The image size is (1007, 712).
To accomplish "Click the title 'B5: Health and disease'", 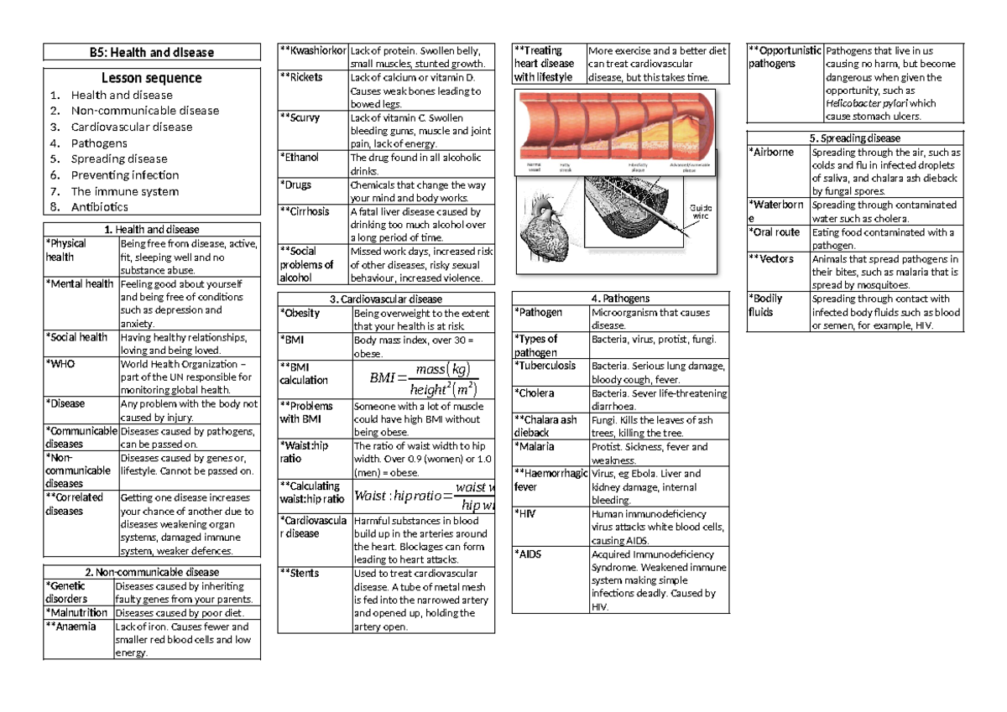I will (152, 52).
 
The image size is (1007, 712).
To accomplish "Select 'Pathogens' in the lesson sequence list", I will (99, 143).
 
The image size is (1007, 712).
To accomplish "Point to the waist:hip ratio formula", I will (425, 496).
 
